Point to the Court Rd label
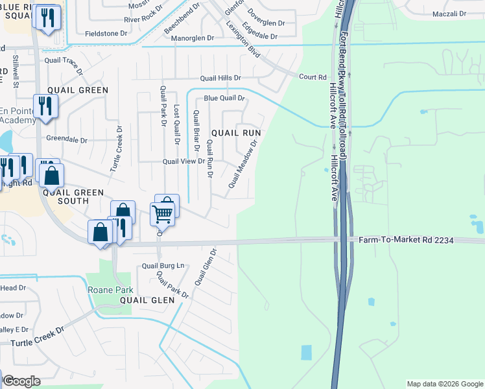(x=312, y=77)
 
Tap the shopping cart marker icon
(x=163, y=213)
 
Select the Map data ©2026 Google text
(x=444, y=384)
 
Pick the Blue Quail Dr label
(x=224, y=99)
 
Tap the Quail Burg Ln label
(x=163, y=266)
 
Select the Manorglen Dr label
(x=192, y=38)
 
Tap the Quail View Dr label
(x=183, y=161)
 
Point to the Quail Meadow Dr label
(x=243, y=166)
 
